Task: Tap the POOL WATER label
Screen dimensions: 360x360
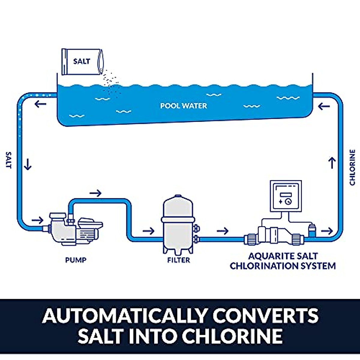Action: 183,106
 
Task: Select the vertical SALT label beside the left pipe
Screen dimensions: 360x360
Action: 9,160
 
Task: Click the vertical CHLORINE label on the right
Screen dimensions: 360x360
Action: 352,167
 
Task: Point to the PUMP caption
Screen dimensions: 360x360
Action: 76,260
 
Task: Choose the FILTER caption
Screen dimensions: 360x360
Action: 178,260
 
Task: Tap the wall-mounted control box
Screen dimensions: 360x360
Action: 285,196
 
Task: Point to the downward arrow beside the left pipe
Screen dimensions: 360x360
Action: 28,164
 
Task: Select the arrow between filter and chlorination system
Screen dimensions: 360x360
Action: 222,231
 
